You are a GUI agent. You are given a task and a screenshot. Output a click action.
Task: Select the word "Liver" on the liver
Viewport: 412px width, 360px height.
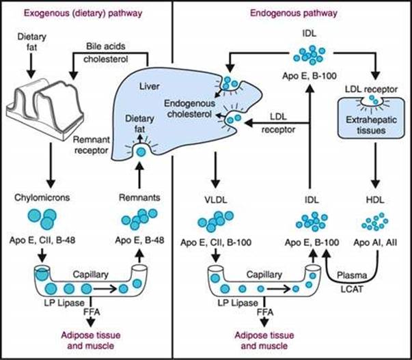(161, 87)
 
